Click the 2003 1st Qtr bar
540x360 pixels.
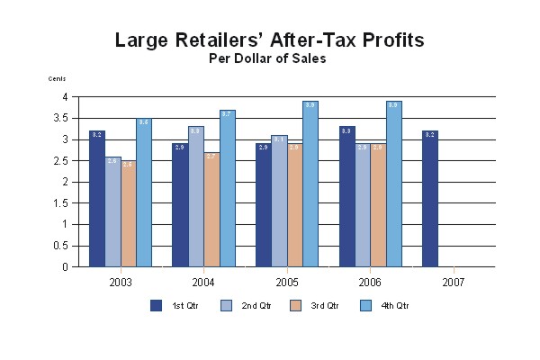point(97,199)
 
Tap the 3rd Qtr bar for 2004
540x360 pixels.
point(211,210)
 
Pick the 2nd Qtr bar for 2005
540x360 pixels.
point(279,201)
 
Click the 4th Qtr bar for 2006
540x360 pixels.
point(393,184)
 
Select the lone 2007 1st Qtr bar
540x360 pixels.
point(429,199)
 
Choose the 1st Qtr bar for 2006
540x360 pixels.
point(346,196)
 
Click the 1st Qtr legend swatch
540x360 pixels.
point(157,305)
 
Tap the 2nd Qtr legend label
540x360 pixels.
point(256,306)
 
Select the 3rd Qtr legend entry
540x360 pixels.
point(316,306)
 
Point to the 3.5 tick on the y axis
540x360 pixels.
point(63,118)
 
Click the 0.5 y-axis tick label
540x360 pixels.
point(63,246)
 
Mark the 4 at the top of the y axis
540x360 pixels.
point(66,96)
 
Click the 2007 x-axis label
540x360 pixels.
point(454,282)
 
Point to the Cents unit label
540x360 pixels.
point(57,79)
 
